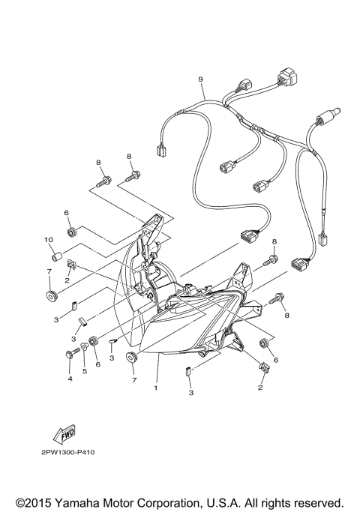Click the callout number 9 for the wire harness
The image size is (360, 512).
click(201, 79)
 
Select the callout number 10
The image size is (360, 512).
click(48, 240)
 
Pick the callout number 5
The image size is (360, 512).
click(85, 370)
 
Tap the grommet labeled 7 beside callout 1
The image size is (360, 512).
click(132, 355)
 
